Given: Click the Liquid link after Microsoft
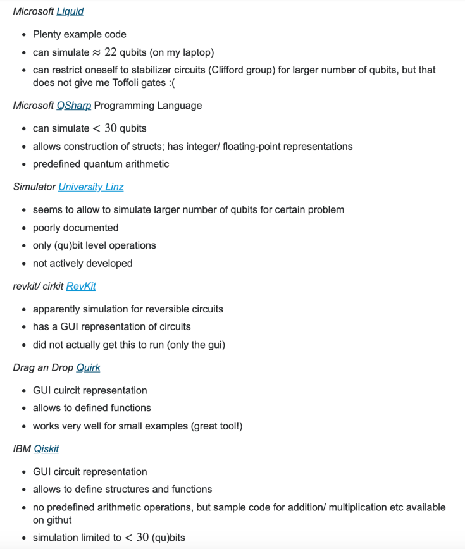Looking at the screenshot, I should click(70, 11).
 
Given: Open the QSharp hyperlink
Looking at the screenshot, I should click(73, 106).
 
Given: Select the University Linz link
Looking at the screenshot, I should click(90, 187).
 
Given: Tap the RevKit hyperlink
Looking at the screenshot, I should click(81, 287).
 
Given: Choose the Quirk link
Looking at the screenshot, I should click(88, 367).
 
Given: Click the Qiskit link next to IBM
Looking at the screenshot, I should click(46, 449).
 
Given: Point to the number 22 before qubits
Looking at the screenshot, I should click(112, 52).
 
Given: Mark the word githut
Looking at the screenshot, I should click(59, 520).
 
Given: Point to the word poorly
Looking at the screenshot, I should click(48, 228).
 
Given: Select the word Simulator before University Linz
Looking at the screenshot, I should click(34, 187).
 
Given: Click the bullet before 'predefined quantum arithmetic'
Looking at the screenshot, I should click(23, 164).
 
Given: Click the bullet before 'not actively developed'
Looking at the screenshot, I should click(23, 264).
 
